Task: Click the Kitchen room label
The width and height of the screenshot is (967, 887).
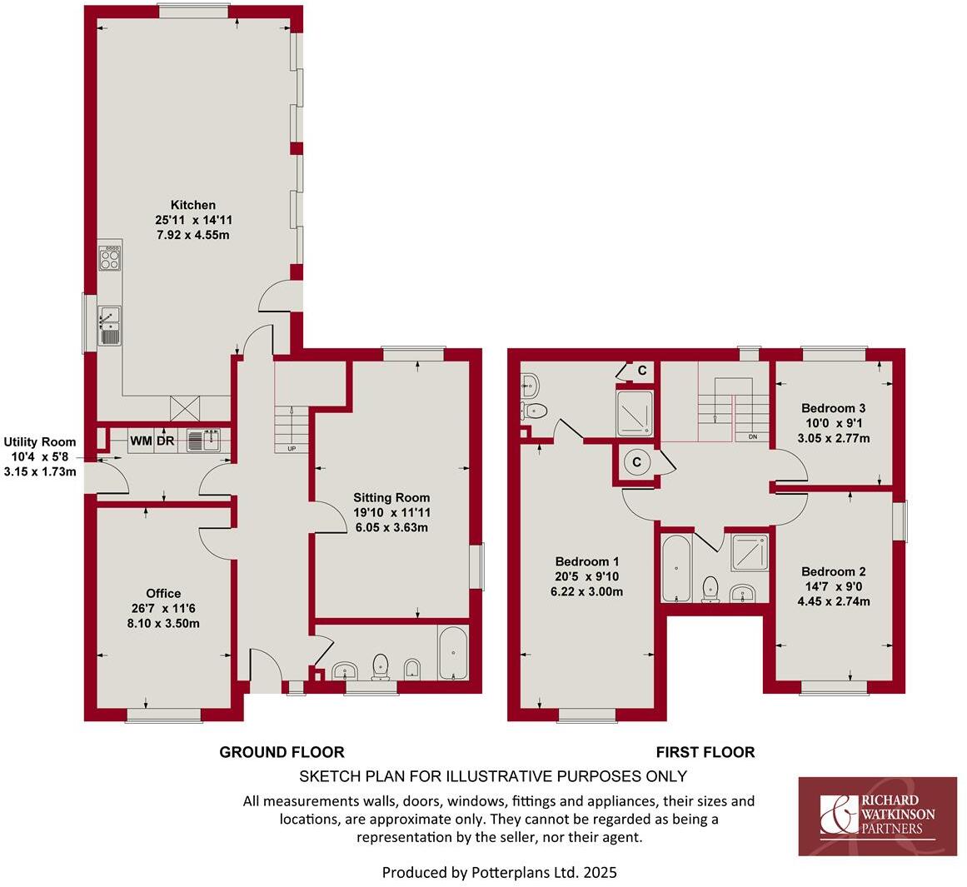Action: point(193,205)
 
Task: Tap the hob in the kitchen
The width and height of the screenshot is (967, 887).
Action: point(110,259)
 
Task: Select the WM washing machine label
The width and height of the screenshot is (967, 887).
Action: point(141,441)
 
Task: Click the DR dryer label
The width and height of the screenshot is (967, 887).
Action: point(165,441)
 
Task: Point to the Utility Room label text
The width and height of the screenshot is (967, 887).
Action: point(40,442)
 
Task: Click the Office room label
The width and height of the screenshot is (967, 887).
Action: point(163,594)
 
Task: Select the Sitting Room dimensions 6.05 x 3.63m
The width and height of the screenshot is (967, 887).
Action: point(390,527)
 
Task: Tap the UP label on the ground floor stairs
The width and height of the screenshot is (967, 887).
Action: point(292,449)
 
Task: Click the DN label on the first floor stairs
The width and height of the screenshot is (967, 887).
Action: point(753,436)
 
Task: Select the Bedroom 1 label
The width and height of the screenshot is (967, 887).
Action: point(586,561)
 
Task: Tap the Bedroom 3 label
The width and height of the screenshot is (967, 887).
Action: point(833,408)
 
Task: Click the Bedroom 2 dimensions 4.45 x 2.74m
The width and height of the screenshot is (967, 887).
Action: point(833,600)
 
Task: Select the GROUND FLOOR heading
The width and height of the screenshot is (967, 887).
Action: point(282,752)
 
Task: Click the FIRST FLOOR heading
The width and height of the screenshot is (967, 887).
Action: point(705,752)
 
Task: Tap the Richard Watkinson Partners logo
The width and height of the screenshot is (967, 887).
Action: point(878,816)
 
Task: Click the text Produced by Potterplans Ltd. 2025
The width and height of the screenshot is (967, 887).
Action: point(499,873)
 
